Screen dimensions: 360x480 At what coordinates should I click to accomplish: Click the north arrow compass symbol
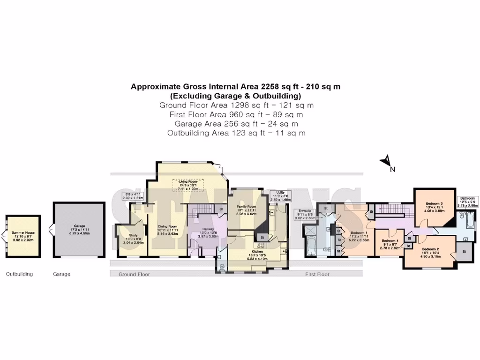click(386, 162)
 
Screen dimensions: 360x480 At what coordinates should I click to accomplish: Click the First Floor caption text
click(318, 274)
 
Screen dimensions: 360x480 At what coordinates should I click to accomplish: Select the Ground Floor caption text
click(134, 274)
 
